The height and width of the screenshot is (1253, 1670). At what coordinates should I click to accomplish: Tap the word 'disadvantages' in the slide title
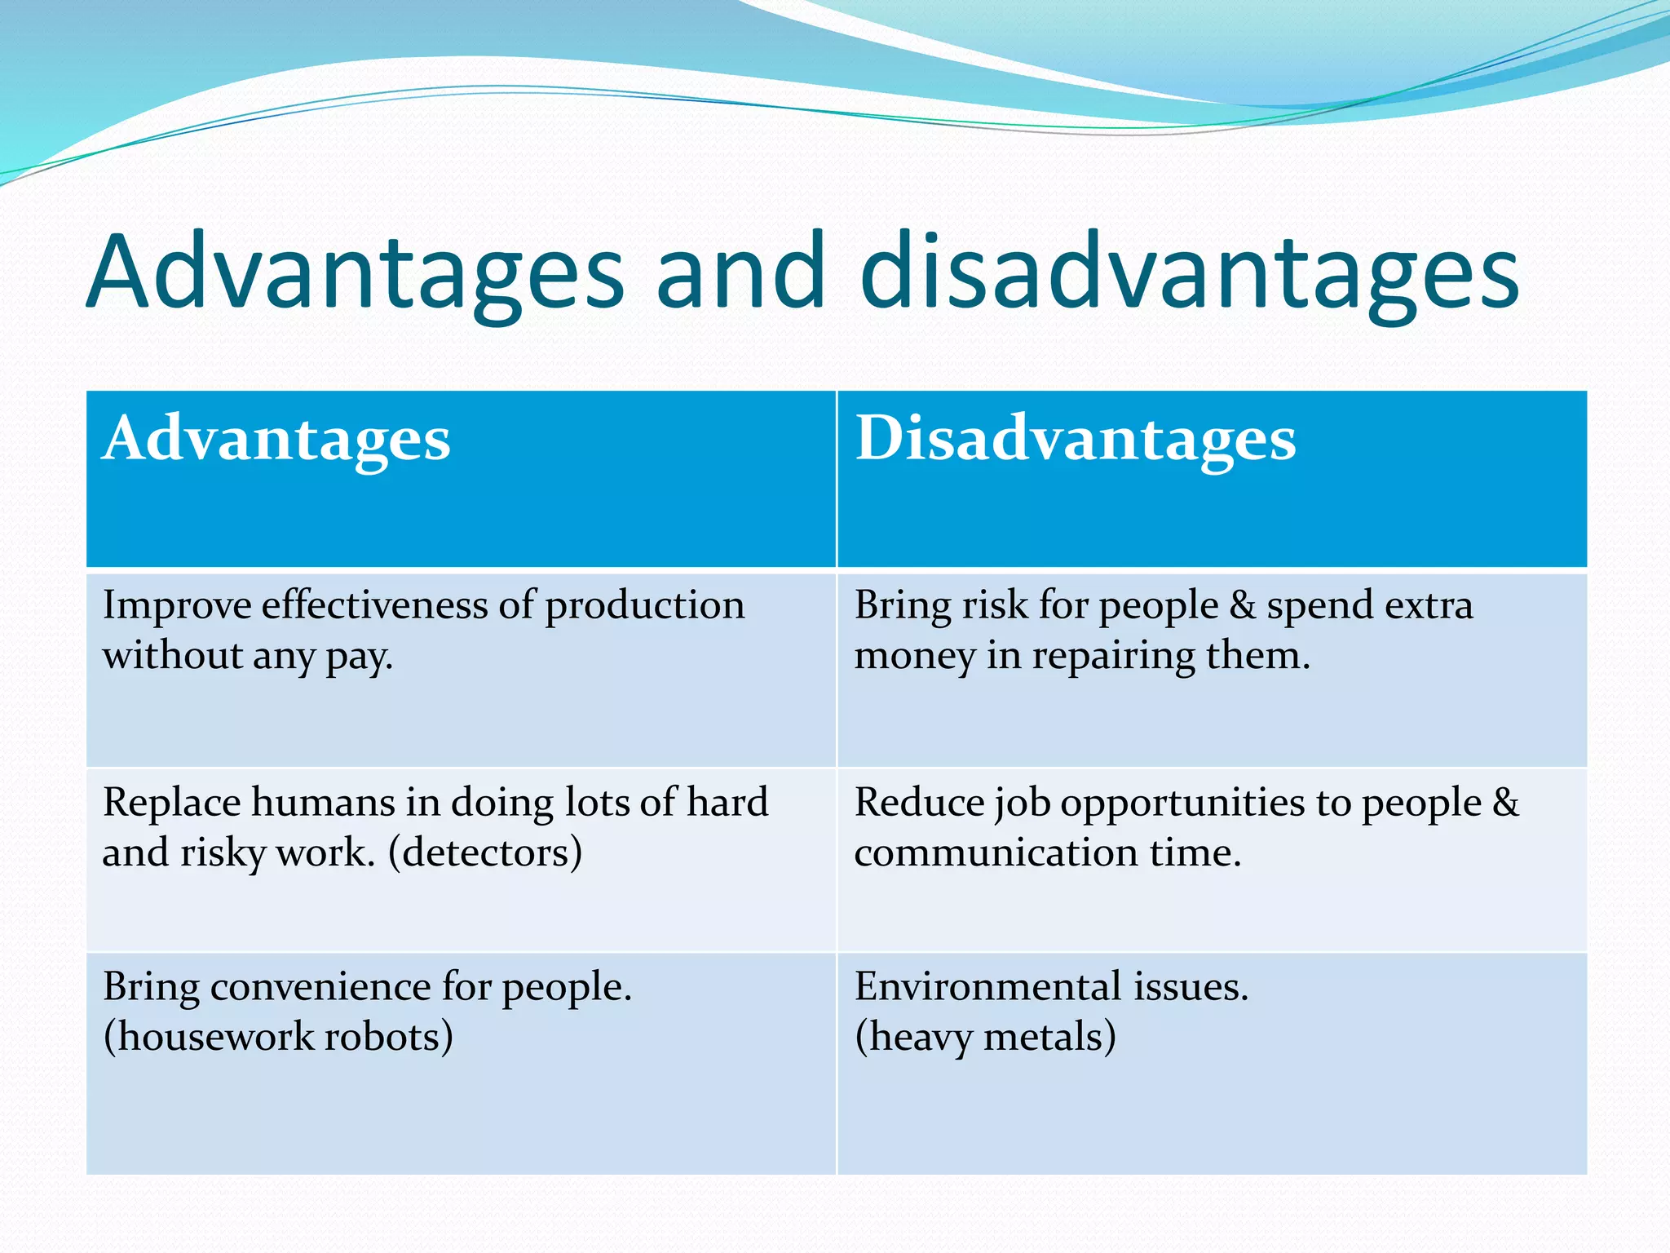point(1189,272)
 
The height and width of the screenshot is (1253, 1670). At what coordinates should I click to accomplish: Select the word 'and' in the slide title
point(740,272)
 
